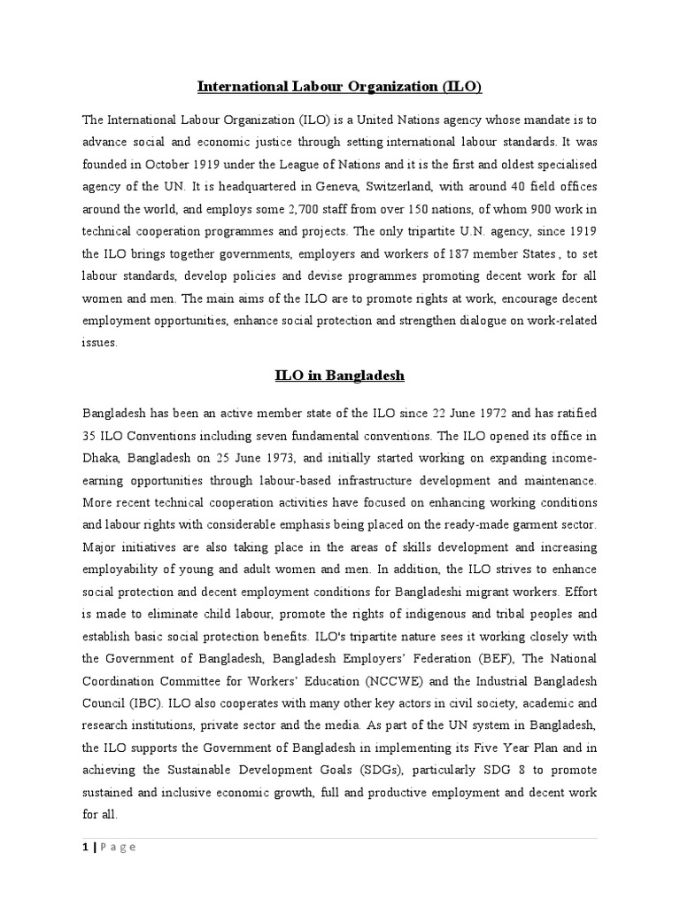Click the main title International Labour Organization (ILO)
pos(339,87)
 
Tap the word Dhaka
pos(102,458)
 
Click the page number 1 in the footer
pos(86,848)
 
